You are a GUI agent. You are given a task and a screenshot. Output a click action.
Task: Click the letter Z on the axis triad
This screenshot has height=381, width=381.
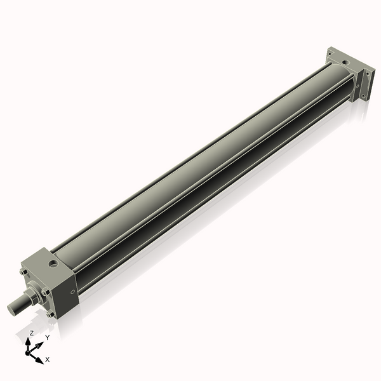point(31,333)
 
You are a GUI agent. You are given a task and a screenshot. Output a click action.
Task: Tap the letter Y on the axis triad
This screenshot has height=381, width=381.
point(48,338)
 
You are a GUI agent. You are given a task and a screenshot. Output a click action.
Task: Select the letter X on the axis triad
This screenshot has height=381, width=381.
point(48,360)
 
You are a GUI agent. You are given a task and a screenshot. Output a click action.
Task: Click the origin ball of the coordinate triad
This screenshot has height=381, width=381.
point(29,351)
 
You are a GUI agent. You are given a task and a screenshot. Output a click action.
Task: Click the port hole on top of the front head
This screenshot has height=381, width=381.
point(52,262)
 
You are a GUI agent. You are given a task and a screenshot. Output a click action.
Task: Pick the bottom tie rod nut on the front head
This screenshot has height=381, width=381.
point(50,313)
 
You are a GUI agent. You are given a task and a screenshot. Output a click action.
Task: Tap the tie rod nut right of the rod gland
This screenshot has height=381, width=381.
point(46,292)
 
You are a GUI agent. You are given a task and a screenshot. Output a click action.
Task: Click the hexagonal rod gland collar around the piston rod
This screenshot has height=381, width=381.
point(32,296)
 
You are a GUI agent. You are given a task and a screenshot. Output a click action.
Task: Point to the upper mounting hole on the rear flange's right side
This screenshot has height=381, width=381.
point(366,74)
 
